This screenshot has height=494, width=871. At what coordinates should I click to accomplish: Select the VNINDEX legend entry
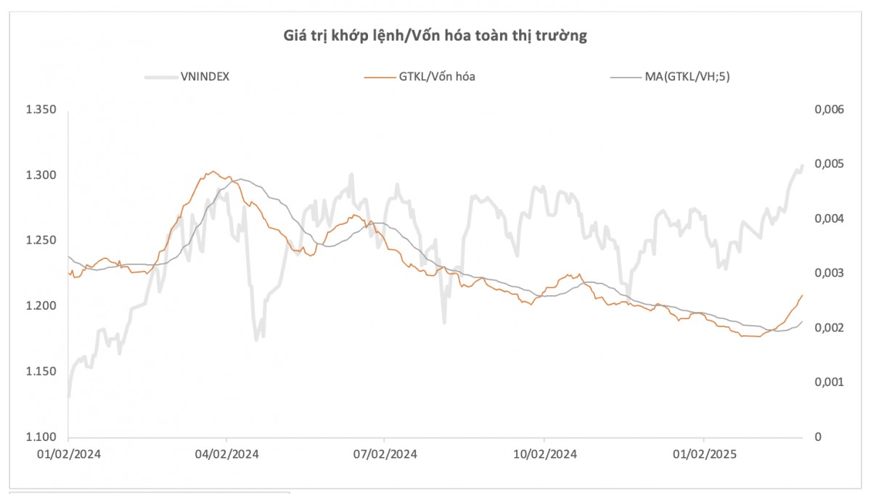(x=205, y=76)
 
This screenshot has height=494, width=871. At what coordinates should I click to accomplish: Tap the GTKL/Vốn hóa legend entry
(x=437, y=76)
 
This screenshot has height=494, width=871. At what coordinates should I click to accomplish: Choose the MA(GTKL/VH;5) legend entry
(x=687, y=76)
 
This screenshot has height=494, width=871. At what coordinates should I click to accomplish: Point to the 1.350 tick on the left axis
(x=41, y=110)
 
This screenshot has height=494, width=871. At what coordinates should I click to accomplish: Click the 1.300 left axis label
(x=41, y=176)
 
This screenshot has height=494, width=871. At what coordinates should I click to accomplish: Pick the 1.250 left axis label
(x=41, y=241)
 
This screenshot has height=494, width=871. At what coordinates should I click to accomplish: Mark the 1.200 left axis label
(x=41, y=306)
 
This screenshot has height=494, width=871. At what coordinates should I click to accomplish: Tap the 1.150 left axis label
(x=41, y=371)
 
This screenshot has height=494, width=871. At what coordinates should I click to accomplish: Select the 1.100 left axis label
(x=41, y=437)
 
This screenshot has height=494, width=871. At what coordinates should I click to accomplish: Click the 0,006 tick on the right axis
(x=828, y=110)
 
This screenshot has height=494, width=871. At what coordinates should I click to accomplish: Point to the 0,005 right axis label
(x=828, y=164)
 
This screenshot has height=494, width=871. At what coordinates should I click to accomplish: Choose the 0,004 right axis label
(x=828, y=218)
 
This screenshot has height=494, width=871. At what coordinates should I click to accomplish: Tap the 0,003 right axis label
(x=828, y=273)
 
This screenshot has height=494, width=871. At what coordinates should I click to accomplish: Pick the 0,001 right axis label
(x=828, y=382)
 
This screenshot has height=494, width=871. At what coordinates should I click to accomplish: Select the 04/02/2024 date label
(x=226, y=454)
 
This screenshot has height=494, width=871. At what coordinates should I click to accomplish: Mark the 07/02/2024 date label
(x=384, y=454)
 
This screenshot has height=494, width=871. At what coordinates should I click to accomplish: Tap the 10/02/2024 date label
(x=544, y=454)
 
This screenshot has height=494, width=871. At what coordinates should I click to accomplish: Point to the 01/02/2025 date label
(x=703, y=454)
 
